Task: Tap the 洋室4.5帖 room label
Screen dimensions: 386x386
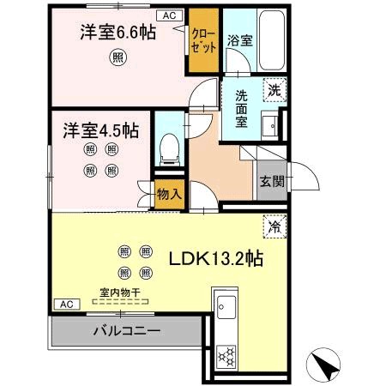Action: click(100, 133)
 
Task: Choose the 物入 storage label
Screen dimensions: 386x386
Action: click(169, 195)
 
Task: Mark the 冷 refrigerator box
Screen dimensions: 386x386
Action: click(274, 227)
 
